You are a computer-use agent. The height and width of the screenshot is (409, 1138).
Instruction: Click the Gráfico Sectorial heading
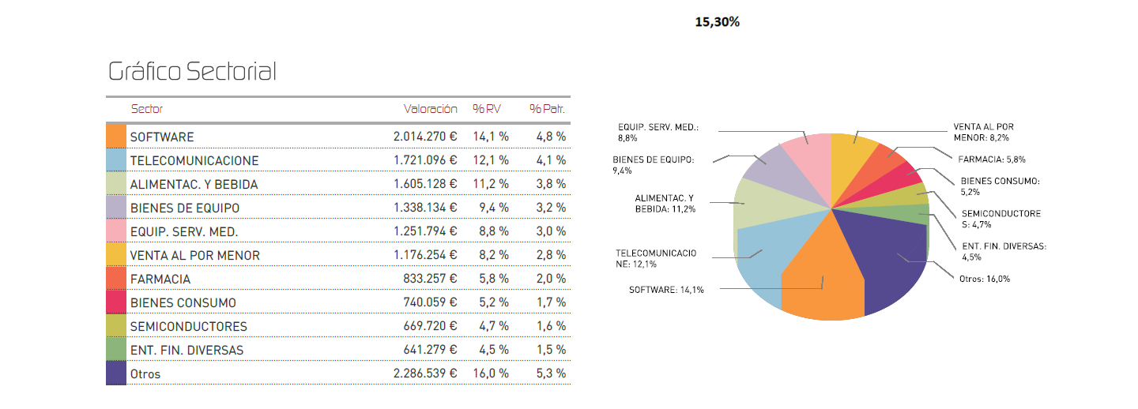[192, 72]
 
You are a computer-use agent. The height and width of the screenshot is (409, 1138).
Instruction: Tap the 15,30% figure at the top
[717, 22]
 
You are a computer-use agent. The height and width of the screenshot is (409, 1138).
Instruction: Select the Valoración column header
[430, 109]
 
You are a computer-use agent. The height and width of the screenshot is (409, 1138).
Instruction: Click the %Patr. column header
[548, 109]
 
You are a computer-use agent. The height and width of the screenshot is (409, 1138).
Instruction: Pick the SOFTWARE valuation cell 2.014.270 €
[425, 137]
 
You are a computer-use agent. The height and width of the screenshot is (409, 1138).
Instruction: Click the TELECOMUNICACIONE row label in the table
[194, 160]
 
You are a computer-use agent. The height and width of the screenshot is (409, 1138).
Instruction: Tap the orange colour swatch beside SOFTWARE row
[116, 137]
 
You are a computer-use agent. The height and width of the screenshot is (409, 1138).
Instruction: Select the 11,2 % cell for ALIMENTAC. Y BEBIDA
[491, 184]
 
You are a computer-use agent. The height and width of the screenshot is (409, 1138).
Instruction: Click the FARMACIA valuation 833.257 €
[431, 279]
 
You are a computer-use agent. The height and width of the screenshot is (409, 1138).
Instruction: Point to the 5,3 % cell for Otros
[551, 373]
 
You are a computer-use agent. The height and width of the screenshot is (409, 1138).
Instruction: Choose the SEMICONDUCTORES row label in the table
[188, 326]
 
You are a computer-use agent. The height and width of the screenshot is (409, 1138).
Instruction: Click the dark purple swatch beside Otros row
[116, 373]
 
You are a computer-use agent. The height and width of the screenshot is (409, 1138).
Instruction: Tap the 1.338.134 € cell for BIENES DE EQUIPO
[425, 208]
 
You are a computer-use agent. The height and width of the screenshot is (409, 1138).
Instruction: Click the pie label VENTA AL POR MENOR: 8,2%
[983, 132]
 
